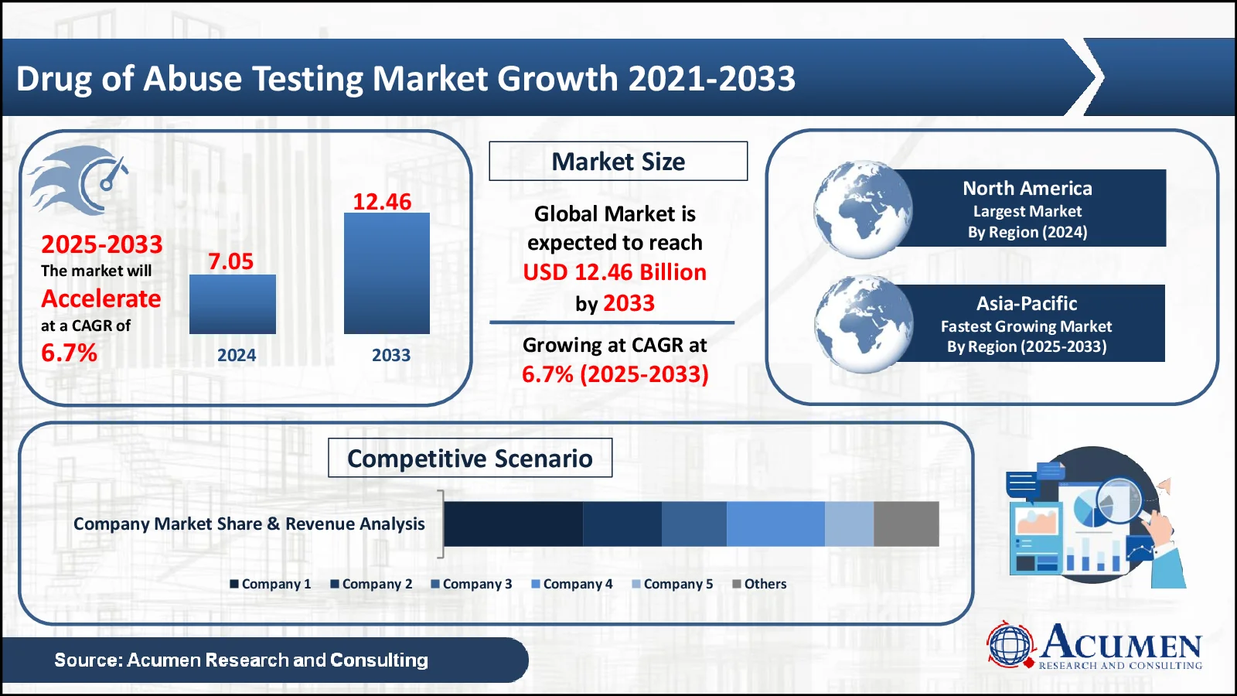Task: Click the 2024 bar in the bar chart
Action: (x=233, y=305)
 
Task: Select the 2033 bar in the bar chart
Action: (x=387, y=274)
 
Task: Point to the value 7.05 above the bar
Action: (x=231, y=261)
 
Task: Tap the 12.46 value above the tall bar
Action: (x=382, y=202)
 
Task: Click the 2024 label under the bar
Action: (x=237, y=355)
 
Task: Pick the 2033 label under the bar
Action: (x=391, y=355)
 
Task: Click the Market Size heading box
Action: (x=618, y=162)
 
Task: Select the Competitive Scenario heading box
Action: (x=470, y=458)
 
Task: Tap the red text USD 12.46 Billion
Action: (x=615, y=272)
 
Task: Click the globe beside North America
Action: (x=863, y=210)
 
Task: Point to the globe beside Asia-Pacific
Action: (x=863, y=324)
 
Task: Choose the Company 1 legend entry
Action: (x=271, y=584)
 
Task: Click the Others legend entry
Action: (x=759, y=584)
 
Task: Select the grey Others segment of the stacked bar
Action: (x=906, y=524)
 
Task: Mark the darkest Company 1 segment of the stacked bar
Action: (x=513, y=524)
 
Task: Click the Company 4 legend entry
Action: (x=572, y=584)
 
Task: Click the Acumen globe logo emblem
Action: (x=1010, y=645)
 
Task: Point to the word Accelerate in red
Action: (x=101, y=299)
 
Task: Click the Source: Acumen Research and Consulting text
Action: (x=241, y=660)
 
